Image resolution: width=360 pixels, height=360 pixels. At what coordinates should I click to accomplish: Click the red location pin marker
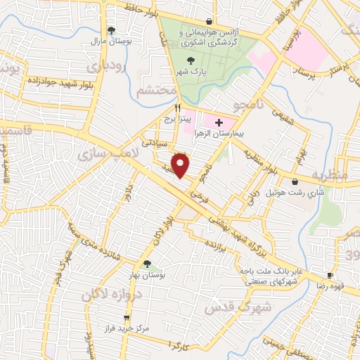[182, 165]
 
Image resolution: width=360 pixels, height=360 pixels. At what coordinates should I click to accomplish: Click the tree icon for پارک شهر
[183, 61]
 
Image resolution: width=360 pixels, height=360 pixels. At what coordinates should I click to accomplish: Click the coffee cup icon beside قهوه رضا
[330, 275]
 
